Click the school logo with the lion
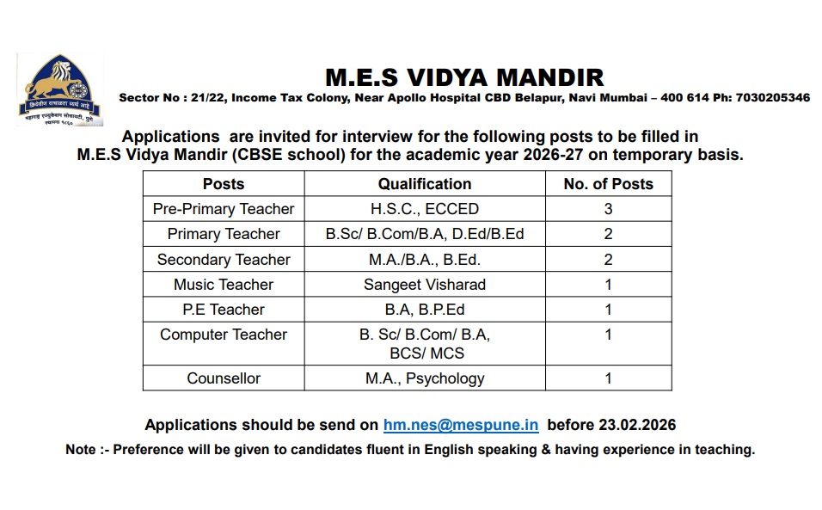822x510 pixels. (x=59, y=90)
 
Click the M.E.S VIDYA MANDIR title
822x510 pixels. (x=464, y=77)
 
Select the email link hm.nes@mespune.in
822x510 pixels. (x=461, y=425)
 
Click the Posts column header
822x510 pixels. (x=224, y=184)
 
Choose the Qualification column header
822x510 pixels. (x=425, y=184)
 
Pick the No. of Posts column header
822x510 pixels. (x=608, y=184)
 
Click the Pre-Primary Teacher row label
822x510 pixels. (x=224, y=209)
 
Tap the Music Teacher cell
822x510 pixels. (x=224, y=285)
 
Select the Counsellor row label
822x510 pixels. (x=224, y=378)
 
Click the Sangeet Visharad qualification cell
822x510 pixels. (x=425, y=285)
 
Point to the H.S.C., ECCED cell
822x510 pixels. (x=425, y=209)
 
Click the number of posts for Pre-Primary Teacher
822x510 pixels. (x=608, y=209)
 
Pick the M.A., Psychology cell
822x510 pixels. (x=425, y=378)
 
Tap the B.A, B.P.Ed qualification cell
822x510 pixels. (x=425, y=310)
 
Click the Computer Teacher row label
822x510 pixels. (x=224, y=335)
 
